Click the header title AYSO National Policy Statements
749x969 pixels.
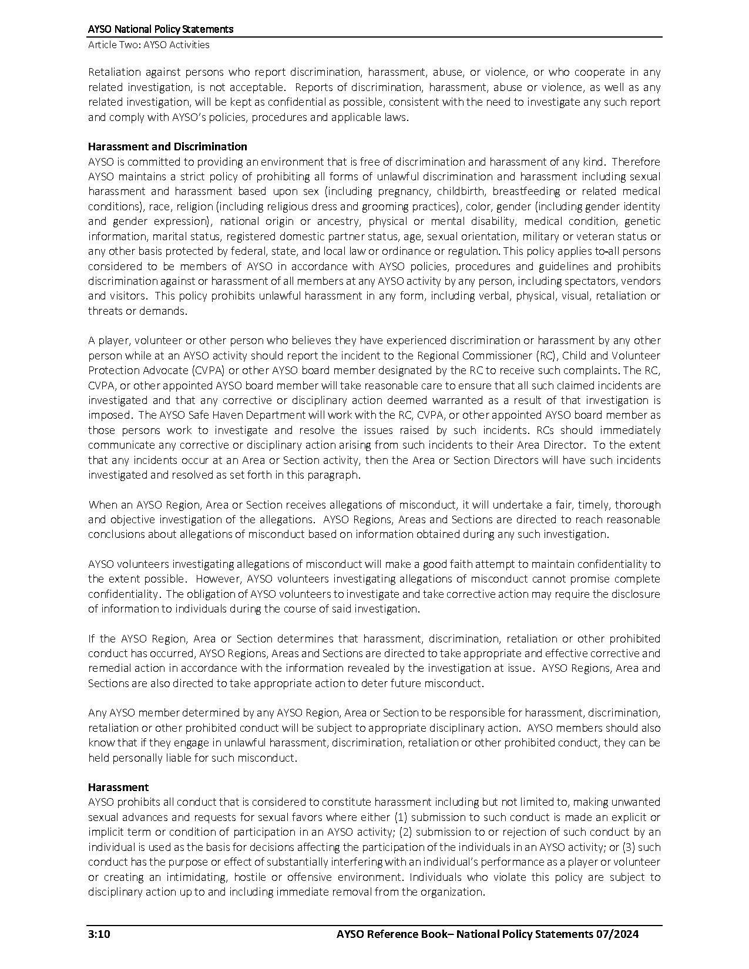(160, 29)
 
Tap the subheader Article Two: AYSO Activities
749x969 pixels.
(149, 45)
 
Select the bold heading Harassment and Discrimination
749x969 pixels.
(167, 146)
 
